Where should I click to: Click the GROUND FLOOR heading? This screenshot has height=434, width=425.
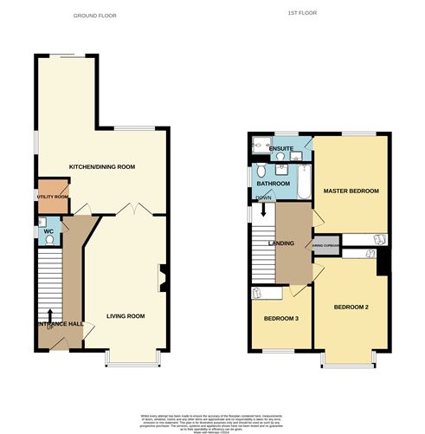[x=95, y=16]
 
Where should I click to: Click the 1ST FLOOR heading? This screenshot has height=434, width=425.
[x=299, y=14]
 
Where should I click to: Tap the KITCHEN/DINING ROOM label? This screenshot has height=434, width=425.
[x=102, y=165]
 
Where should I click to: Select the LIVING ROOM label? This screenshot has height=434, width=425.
[x=125, y=316]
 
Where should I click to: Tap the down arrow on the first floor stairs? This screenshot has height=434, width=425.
[x=263, y=211]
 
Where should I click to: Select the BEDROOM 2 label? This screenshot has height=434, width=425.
[x=351, y=307]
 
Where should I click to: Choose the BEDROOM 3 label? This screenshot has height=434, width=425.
[x=281, y=319]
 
